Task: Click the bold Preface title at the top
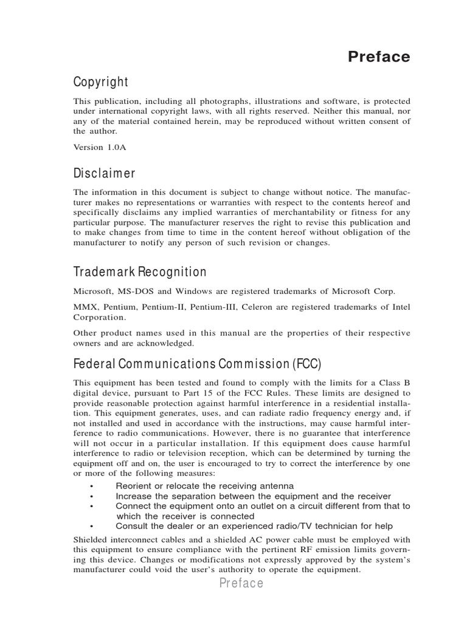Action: tap(379, 57)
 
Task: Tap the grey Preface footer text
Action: tap(241, 584)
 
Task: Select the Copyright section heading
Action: tap(101, 82)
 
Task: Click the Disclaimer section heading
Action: tap(105, 174)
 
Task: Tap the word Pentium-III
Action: tap(213, 307)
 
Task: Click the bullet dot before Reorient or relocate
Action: tap(90, 486)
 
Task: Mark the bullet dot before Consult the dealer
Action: tap(90, 526)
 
